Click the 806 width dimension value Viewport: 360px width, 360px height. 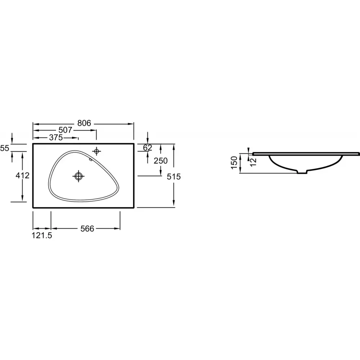coord(84,123)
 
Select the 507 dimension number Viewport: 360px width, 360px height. coord(65,130)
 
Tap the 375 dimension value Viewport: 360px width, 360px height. coord(56,138)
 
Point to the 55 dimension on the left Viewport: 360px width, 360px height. coord(5,148)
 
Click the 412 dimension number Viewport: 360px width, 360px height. coord(22,176)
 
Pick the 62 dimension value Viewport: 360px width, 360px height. coord(147,148)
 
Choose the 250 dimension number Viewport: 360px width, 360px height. coord(161,161)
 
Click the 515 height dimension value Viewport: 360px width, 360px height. coord(174,176)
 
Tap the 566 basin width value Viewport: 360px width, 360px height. coord(87,229)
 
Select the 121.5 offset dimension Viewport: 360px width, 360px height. coord(42,235)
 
